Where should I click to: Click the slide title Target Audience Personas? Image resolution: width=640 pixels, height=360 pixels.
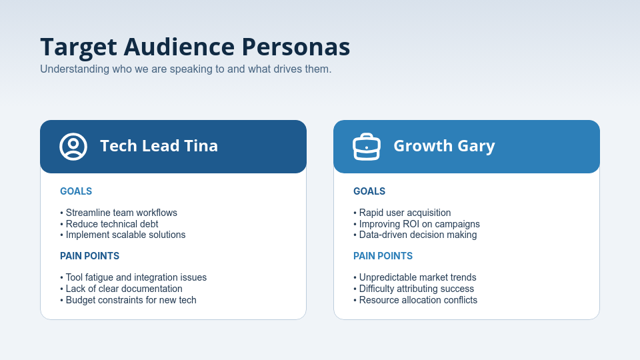point(195,47)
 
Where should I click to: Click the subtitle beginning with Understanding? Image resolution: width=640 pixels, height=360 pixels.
point(185,69)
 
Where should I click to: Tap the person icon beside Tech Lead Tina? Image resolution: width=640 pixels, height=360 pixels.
point(73,147)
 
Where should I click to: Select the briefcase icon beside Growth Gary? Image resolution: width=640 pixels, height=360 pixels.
point(366,147)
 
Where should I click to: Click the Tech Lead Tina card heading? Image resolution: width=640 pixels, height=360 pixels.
point(159,146)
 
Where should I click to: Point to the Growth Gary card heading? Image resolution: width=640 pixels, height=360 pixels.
point(444,146)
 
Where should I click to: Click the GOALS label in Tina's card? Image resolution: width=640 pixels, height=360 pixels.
point(76,191)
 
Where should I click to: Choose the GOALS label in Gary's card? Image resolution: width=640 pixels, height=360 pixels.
point(369,191)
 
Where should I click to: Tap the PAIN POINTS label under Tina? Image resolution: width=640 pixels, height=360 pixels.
point(89,256)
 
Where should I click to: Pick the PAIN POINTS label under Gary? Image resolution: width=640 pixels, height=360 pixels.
point(383,256)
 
